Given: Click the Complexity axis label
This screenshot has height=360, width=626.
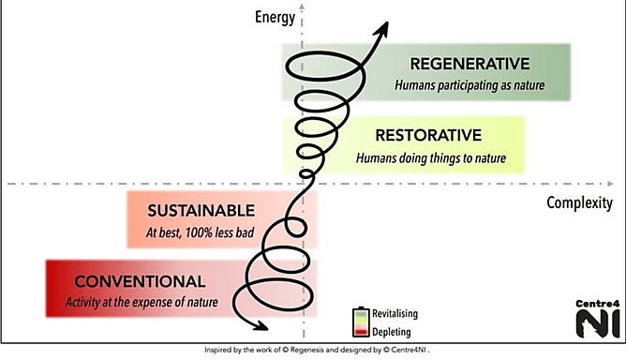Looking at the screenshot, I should tap(580, 202).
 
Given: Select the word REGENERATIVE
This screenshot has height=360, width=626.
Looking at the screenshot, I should tap(469, 64).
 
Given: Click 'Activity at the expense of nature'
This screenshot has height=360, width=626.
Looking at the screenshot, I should tap(142, 302).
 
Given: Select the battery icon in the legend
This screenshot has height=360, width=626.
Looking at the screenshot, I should tap(358, 322).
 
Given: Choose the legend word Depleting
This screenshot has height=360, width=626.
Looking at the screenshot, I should tap(392, 331).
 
